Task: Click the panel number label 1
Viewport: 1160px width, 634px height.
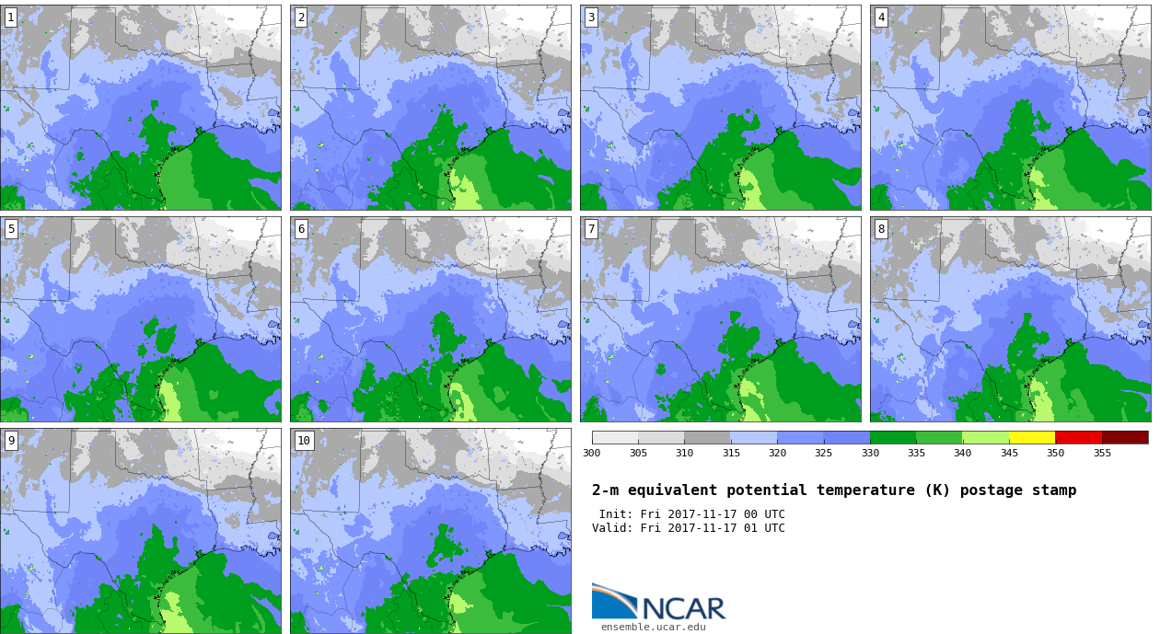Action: pos(10,17)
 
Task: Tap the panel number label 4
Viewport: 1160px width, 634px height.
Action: pos(881,17)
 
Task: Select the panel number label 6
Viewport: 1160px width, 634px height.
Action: pos(301,229)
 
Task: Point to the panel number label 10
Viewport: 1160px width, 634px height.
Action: pos(304,441)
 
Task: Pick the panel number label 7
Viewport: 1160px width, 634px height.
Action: pos(591,229)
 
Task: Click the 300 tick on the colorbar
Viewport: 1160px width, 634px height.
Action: pos(591,453)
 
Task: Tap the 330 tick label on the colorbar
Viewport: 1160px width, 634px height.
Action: pos(870,453)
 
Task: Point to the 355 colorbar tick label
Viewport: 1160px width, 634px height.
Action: pos(1102,453)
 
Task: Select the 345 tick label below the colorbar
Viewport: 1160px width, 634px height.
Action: pos(1009,453)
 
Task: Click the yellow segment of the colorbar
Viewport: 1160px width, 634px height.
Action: pos(1032,437)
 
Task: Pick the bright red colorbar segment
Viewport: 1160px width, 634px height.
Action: pos(1078,437)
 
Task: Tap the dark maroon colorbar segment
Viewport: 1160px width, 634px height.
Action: pos(1125,437)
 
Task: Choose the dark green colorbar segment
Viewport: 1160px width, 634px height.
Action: pos(893,437)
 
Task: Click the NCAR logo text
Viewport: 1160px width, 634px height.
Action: pos(684,608)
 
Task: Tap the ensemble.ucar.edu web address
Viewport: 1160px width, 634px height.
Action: pos(654,627)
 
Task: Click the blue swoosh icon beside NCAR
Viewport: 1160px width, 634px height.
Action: pos(614,601)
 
